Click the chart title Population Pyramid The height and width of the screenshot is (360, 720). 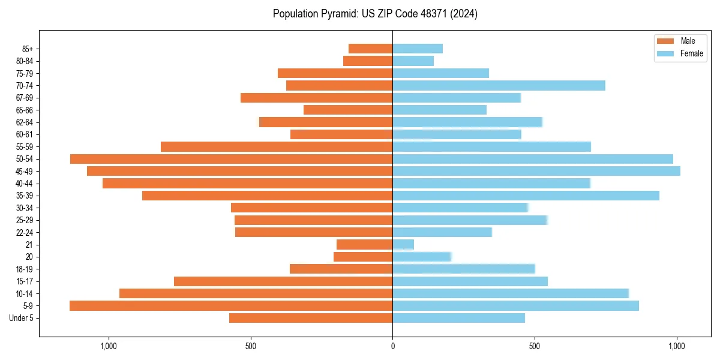click(375, 14)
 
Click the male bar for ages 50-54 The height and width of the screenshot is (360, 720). click(232, 159)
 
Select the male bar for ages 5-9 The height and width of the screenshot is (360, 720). click(231, 305)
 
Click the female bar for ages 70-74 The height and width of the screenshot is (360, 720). click(499, 85)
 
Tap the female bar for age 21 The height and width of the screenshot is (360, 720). click(403, 244)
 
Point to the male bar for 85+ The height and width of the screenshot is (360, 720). click(371, 49)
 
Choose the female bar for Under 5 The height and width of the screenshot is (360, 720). click(458, 318)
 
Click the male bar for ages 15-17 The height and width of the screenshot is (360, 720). click(283, 281)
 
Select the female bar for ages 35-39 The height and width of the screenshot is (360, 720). click(526, 196)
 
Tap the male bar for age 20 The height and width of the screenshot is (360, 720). click(363, 257)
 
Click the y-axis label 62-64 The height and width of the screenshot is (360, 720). click(24, 122)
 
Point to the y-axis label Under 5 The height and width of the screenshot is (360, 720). click(21, 318)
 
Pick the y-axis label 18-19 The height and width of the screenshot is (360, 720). click(24, 269)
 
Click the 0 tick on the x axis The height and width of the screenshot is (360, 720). click(392, 346)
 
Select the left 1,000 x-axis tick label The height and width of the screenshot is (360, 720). click(109, 346)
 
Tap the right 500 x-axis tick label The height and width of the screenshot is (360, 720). click(535, 346)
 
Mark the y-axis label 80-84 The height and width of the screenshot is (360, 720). click(24, 61)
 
